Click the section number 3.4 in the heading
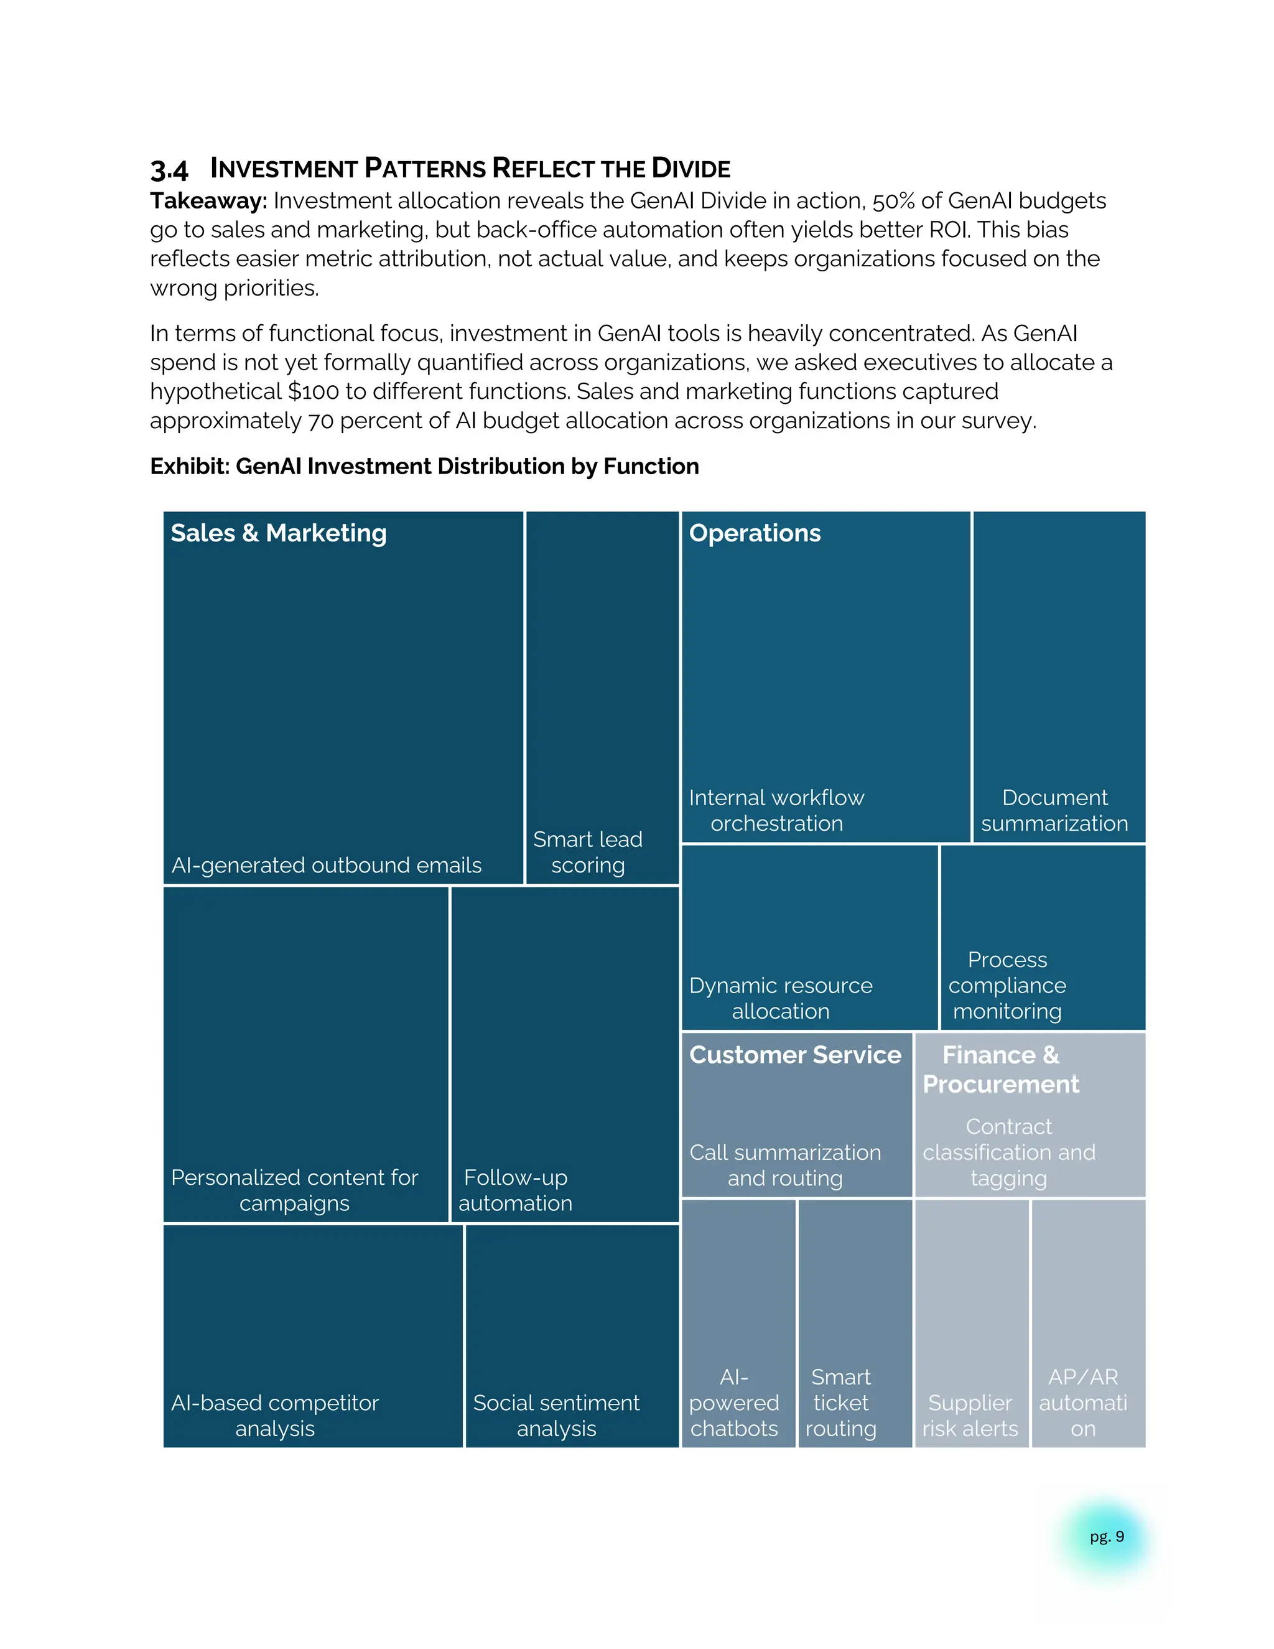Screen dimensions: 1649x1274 tap(169, 170)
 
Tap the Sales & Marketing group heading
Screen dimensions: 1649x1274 tap(279, 533)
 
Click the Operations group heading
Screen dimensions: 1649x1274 tap(754, 533)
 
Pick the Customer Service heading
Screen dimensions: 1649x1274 tap(795, 1055)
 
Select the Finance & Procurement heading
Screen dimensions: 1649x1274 tap(1001, 1069)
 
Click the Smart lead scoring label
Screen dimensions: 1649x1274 tap(587, 853)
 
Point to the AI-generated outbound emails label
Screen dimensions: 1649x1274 tap(326, 866)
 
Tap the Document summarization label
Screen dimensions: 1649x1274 tap(1054, 811)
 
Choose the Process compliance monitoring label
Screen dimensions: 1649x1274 tap(1007, 985)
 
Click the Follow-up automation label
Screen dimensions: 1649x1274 tap(516, 1190)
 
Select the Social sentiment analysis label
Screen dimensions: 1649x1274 tap(556, 1416)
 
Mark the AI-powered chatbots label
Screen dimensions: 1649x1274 tap(733, 1403)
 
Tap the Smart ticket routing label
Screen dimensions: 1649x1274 tap(841, 1403)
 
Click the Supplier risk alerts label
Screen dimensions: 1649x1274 tap(970, 1416)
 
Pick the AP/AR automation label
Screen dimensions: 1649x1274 tap(1083, 1403)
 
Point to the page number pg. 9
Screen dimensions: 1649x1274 tap(1107, 1536)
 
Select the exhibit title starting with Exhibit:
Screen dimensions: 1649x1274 tap(424, 467)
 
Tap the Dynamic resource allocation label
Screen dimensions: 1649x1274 tap(781, 998)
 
